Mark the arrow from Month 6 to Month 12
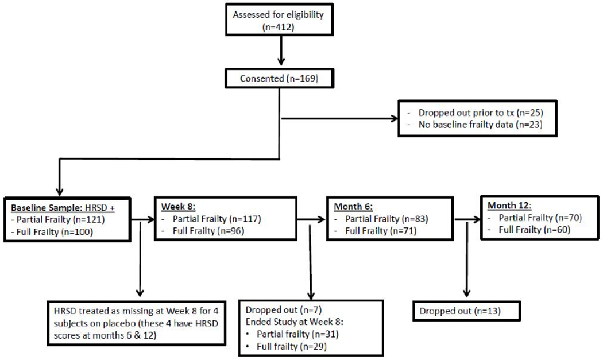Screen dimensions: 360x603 [466, 219]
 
